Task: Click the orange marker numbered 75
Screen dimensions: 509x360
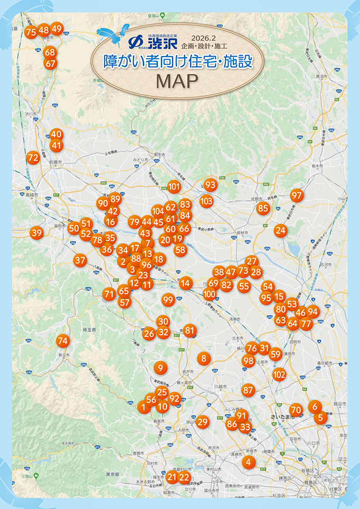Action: pyautogui.click(x=31, y=32)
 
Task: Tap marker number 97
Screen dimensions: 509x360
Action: pyautogui.click(x=297, y=195)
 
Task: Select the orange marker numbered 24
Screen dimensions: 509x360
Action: pyautogui.click(x=280, y=230)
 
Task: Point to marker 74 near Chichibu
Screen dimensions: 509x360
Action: pyautogui.click(x=63, y=341)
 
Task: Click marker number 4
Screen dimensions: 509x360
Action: pyautogui.click(x=248, y=461)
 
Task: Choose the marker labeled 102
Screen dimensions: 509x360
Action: pyautogui.click(x=279, y=375)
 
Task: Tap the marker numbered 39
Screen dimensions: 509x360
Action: pyautogui.click(x=36, y=233)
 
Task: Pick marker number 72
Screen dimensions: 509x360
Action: pyautogui.click(x=33, y=157)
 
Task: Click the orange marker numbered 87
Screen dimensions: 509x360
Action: pyautogui.click(x=248, y=390)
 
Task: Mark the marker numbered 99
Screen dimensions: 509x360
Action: pyautogui.click(x=168, y=300)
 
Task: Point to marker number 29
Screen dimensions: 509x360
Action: pyautogui.click(x=202, y=421)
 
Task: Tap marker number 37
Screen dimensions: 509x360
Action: pyautogui.click(x=80, y=260)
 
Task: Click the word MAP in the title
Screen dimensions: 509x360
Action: pyautogui.click(x=177, y=81)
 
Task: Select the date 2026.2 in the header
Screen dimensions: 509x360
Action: pyautogui.click(x=205, y=38)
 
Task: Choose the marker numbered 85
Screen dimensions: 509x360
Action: pyautogui.click(x=263, y=208)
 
